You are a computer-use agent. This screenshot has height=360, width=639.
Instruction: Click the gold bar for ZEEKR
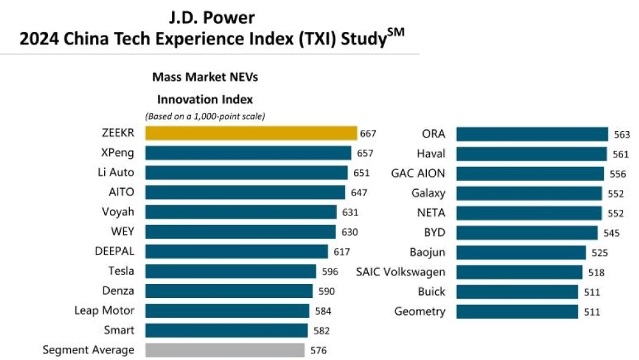[250, 133]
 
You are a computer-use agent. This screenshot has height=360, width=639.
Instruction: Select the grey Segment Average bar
[225, 350]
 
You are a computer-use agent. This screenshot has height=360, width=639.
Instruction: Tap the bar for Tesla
[231, 271]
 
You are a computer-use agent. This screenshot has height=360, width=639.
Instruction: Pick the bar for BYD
[527, 233]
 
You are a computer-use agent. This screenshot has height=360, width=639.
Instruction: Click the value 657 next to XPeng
[364, 153]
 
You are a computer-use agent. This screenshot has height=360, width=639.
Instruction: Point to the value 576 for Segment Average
[318, 350]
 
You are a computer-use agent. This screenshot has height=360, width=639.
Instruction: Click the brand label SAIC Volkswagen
[401, 272]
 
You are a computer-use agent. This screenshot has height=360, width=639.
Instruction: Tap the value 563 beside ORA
[621, 135]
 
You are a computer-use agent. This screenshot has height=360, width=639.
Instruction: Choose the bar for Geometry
[517, 311]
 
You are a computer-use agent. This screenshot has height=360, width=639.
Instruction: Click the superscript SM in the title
[396, 32]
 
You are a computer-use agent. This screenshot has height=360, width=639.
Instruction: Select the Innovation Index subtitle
[205, 99]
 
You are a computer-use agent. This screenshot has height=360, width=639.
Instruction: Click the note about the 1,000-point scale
[205, 116]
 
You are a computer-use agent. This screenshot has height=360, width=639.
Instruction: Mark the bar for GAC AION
[530, 173]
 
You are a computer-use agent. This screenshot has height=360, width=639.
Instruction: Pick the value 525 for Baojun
[599, 253]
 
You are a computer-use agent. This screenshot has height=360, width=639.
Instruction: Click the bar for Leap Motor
[227, 311]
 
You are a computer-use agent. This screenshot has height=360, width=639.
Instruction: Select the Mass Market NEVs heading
[205, 77]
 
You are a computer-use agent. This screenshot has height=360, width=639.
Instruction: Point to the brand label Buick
[431, 292]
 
